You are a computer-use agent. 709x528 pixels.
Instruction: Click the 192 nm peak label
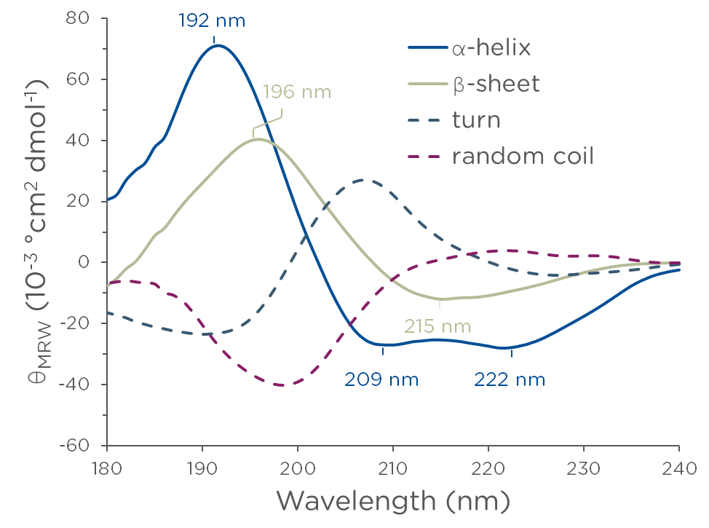pyautogui.click(x=213, y=20)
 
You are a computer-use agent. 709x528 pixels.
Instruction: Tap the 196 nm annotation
pyautogui.click(x=296, y=92)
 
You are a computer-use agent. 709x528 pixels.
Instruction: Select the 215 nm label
pyautogui.click(x=438, y=326)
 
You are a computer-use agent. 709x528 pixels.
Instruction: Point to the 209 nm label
pyautogui.click(x=382, y=379)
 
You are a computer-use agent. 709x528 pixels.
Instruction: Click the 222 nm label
pyautogui.click(x=510, y=379)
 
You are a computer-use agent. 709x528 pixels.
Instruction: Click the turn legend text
pyautogui.click(x=476, y=119)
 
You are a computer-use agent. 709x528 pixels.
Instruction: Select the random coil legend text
pyautogui.click(x=523, y=155)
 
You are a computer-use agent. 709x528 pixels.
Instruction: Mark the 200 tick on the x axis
pyautogui.click(x=298, y=465)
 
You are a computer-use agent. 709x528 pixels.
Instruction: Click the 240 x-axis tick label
pyautogui.click(x=678, y=465)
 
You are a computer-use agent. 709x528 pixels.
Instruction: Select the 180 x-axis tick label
pyautogui.click(x=107, y=465)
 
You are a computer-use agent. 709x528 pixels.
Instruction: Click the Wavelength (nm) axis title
pyautogui.click(x=392, y=501)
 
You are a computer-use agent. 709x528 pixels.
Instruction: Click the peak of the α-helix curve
pyautogui.click(x=217, y=45)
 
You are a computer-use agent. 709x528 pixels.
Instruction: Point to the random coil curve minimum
pyautogui.click(x=281, y=385)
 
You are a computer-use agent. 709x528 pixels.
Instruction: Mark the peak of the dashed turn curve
pyautogui.click(x=363, y=179)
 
